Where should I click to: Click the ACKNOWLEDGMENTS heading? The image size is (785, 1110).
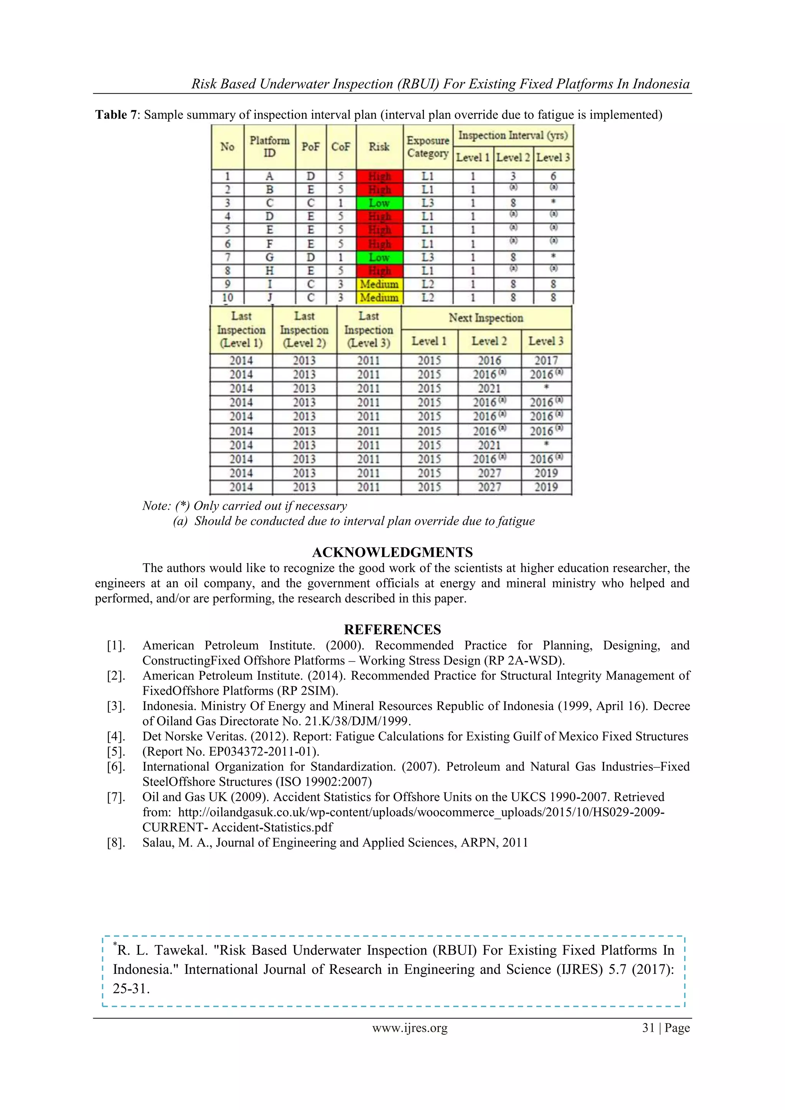point(392,552)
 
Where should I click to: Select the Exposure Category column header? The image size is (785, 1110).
point(427,146)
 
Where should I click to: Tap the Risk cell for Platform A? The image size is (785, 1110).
point(379,176)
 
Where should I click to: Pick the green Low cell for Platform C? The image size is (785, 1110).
point(379,203)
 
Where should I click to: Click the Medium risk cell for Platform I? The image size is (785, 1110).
point(379,284)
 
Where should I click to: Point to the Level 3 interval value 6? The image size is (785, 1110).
point(553,176)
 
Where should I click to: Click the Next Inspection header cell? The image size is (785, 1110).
point(486,317)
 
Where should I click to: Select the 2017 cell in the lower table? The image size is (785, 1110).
point(546,361)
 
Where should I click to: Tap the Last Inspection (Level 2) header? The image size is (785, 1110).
point(304,329)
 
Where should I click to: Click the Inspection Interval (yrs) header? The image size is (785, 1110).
point(513,135)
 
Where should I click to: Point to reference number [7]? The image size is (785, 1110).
point(116,797)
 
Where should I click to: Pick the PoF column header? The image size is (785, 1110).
point(310,146)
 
